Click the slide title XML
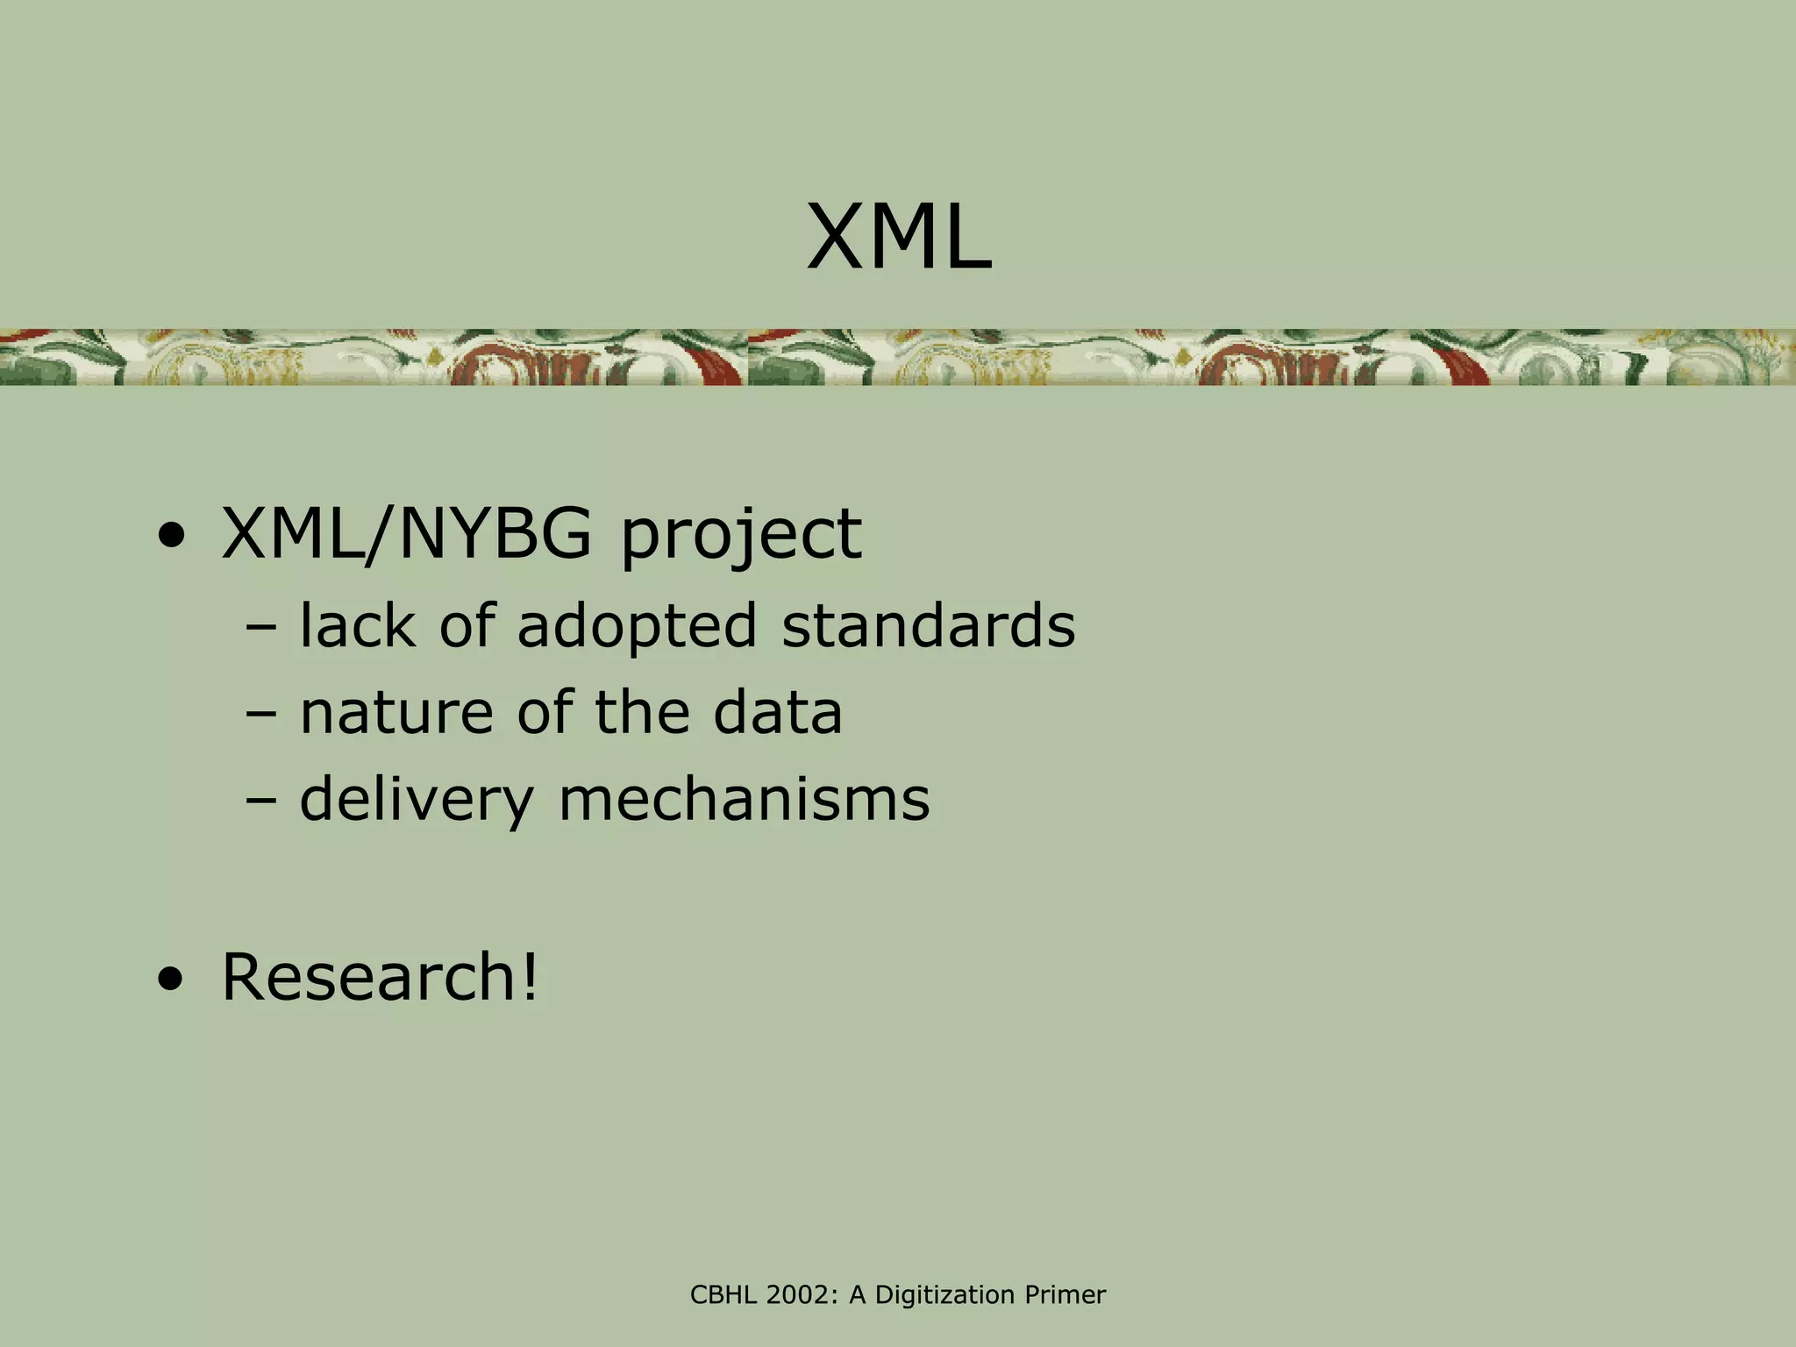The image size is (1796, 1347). tap(899, 238)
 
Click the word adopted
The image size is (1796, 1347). tap(637, 627)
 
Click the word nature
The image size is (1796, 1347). tap(396, 712)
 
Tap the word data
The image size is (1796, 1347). tap(777, 712)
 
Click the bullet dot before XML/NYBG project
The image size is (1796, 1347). tap(172, 537)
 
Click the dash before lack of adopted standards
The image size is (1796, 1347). tap(261, 628)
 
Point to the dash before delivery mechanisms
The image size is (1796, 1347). tap(261, 801)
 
